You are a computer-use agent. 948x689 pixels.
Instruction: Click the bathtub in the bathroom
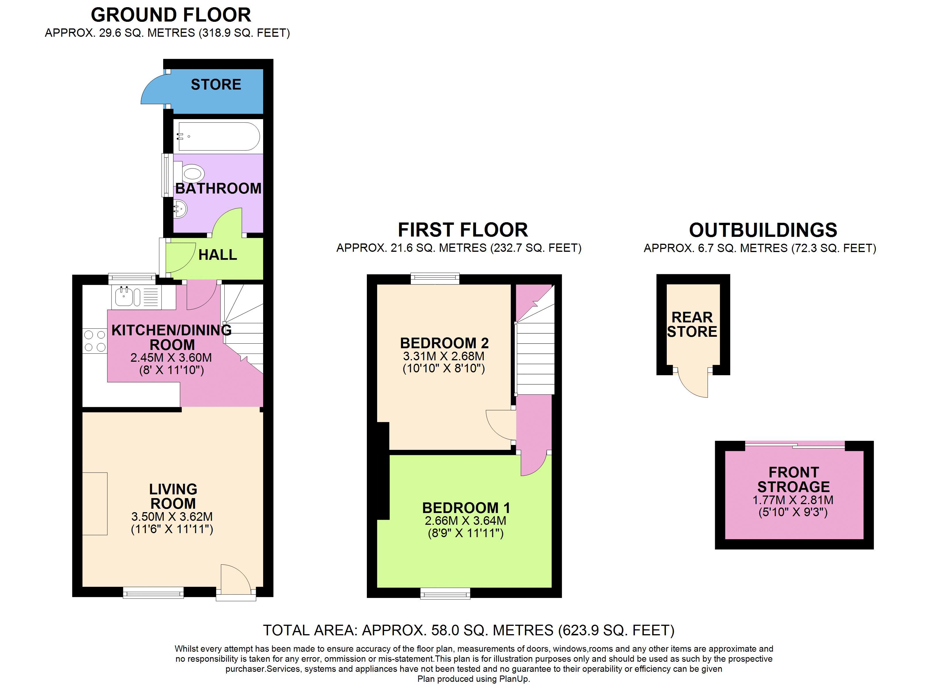click(x=219, y=137)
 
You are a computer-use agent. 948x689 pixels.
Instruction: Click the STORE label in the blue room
click(x=216, y=85)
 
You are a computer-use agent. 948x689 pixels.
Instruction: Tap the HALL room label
click(x=217, y=255)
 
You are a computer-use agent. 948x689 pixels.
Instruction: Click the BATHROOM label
click(x=218, y=188)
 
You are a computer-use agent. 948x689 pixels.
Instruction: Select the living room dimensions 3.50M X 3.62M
click(x=172, y=516)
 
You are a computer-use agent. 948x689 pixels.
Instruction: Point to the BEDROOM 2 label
click(x=444, y=343)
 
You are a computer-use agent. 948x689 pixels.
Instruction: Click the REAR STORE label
click(x=692, y=324)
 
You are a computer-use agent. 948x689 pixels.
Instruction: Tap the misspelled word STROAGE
click(x=793, y=487)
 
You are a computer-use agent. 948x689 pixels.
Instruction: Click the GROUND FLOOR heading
click(x=171, y=15)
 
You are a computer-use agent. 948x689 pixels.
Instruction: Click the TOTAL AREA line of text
click(x=469, y=630)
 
